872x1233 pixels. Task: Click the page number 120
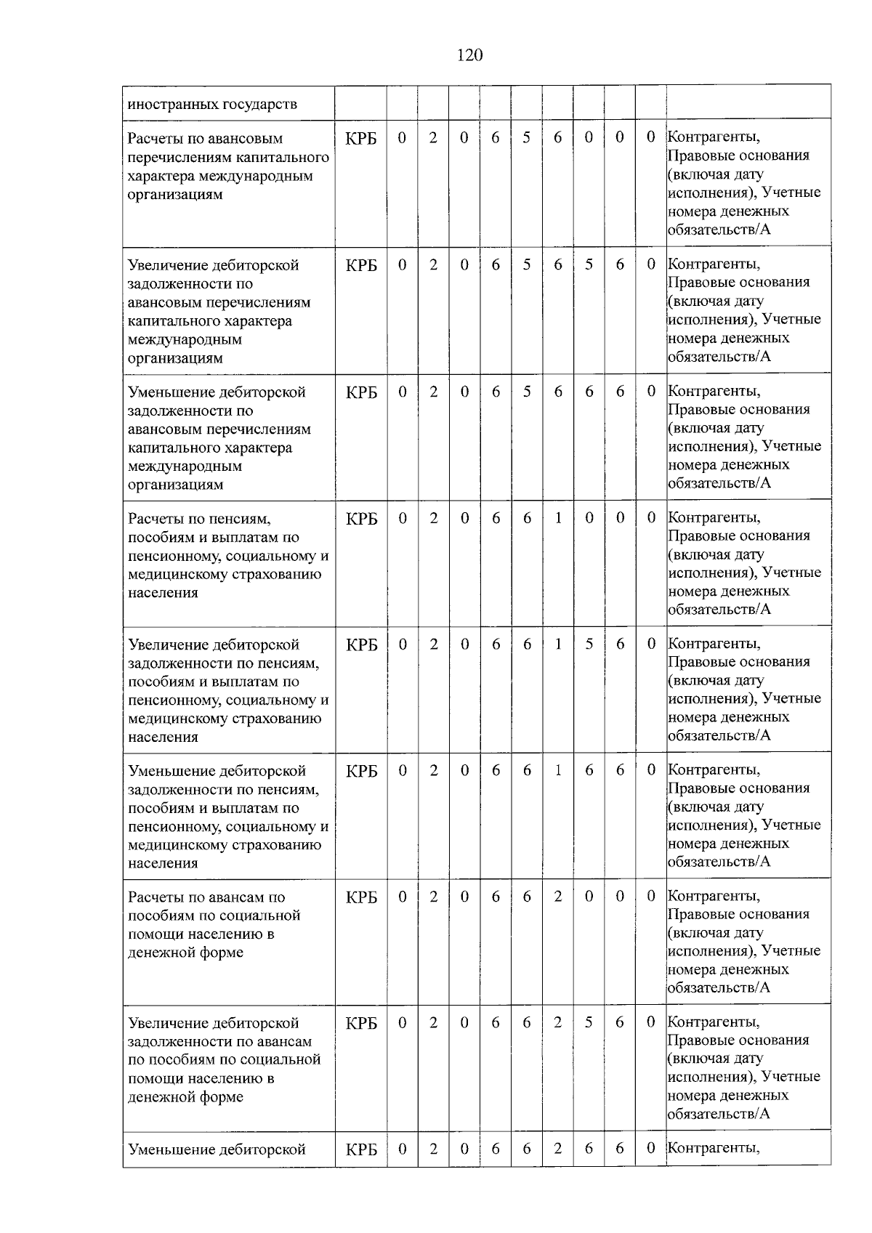[x=470, y=55]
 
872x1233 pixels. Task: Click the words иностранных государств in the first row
[x=212, y=104]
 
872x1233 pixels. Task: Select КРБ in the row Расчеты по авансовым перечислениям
[x=361, y=138]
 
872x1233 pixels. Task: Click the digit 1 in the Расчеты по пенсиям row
[x=557, y=518]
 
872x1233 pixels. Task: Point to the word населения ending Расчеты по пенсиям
[x=163, y=593]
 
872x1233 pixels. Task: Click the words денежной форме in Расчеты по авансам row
[x=185, y=953]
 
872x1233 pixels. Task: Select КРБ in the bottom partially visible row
[x=361, y=1149]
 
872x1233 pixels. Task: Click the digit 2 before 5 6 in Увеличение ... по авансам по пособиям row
[x=557, y=1023]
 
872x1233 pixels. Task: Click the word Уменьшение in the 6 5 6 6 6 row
[x=171, y=392]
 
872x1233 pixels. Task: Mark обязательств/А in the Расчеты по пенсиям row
[x=719, y=610]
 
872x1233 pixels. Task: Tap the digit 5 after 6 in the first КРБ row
[x=527, y=137]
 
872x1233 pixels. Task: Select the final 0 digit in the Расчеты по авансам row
[x=651, y=897]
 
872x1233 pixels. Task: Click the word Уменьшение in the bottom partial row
[x=171, y=1149]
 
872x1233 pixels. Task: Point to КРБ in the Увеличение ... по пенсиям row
[x=361, y=644]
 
